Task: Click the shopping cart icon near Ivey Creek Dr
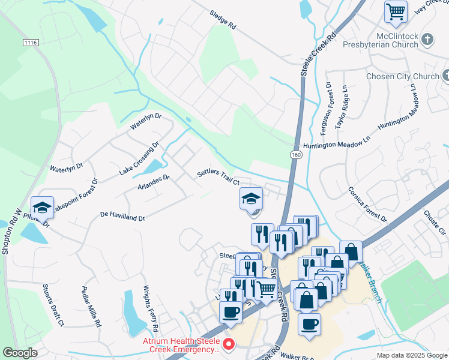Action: [x=396, y=11]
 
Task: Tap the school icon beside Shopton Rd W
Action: [x=42, y=208]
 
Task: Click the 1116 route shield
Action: [x=31, y=43]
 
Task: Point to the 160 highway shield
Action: [x=295, y=155]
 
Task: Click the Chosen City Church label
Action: [x=403, y=76]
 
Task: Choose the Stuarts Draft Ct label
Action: [x=52, y=305]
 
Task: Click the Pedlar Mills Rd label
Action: [x=91, y=306]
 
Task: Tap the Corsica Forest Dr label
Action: [x=367, y=203]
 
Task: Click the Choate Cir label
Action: [x=435, y=222]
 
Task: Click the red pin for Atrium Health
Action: [x=228, y=344]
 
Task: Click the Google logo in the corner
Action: [x=20, y=353]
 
